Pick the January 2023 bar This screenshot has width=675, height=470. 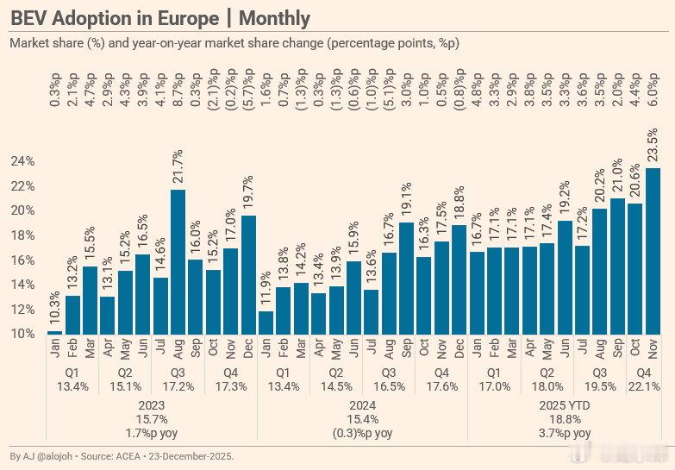[54, 332]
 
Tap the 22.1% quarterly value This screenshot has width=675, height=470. [642, 386]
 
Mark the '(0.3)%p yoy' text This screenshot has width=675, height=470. [362, 433]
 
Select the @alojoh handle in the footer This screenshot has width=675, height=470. [53, 455]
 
